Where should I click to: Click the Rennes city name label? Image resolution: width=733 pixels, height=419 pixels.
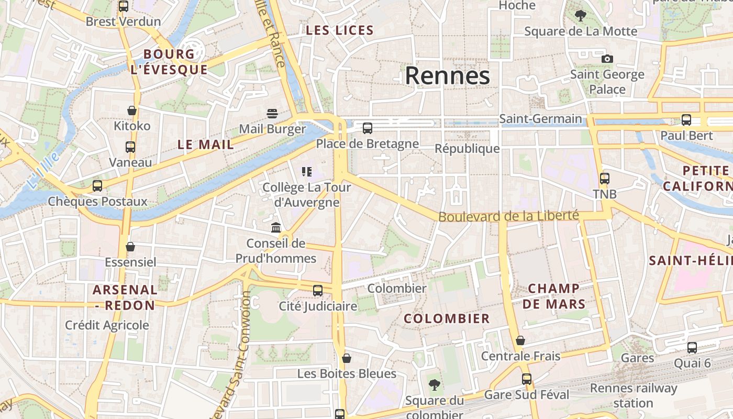click(x=448, y=76)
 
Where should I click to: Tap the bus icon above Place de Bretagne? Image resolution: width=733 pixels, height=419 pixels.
click(x=368, y=128)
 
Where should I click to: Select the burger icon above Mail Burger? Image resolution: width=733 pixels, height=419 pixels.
click(x=272, y=113)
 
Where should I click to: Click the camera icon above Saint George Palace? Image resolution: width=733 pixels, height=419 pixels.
click(x=607, y=59)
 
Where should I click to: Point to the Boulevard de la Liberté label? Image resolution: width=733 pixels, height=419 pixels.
click(x=508, y=216)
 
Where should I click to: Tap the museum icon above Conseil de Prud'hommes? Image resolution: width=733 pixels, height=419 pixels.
click(x=276, y=227)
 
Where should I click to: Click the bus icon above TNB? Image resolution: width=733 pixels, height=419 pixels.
click(x=605, y=178)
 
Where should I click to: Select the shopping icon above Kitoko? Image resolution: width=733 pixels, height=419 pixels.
click(x=132, y=111)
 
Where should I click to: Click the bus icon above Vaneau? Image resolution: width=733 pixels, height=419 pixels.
click(x=130, y=147)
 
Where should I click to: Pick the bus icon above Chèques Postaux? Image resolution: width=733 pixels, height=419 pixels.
click(x=97, y=185)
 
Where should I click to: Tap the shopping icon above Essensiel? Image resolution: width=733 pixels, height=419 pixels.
click(x=130, y=246)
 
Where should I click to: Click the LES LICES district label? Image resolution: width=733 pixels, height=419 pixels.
click(x=340, y=30)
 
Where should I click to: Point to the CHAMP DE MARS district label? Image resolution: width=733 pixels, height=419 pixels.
click(x=553, y=296)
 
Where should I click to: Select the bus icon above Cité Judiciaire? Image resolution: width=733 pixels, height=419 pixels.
click(x=318, y=290)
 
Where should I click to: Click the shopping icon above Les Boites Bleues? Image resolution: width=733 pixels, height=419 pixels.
click(x=346, y=358)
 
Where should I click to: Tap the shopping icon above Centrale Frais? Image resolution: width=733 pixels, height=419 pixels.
click(x=520, y=340)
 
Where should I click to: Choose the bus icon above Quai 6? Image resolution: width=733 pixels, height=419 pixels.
click(x=692, y=347)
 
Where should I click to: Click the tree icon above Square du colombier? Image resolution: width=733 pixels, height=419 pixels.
click(x=434, y=385)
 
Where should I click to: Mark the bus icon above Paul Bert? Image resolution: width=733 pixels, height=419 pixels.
click(x=686, y=120)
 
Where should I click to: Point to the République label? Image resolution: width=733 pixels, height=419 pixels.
click(x=467, y=149)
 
